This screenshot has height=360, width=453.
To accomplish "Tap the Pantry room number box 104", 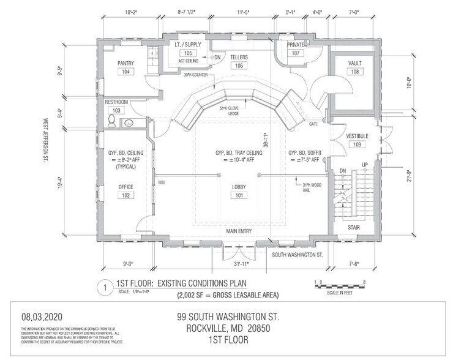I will [x=127, y=72].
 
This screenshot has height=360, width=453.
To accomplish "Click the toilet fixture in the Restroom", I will [x=113, y=119].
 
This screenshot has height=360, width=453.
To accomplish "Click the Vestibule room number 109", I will [x=356, y=145].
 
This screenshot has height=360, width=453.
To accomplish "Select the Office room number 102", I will [x=127, y=196].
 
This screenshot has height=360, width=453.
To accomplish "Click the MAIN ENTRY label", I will [x=238, y=231].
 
